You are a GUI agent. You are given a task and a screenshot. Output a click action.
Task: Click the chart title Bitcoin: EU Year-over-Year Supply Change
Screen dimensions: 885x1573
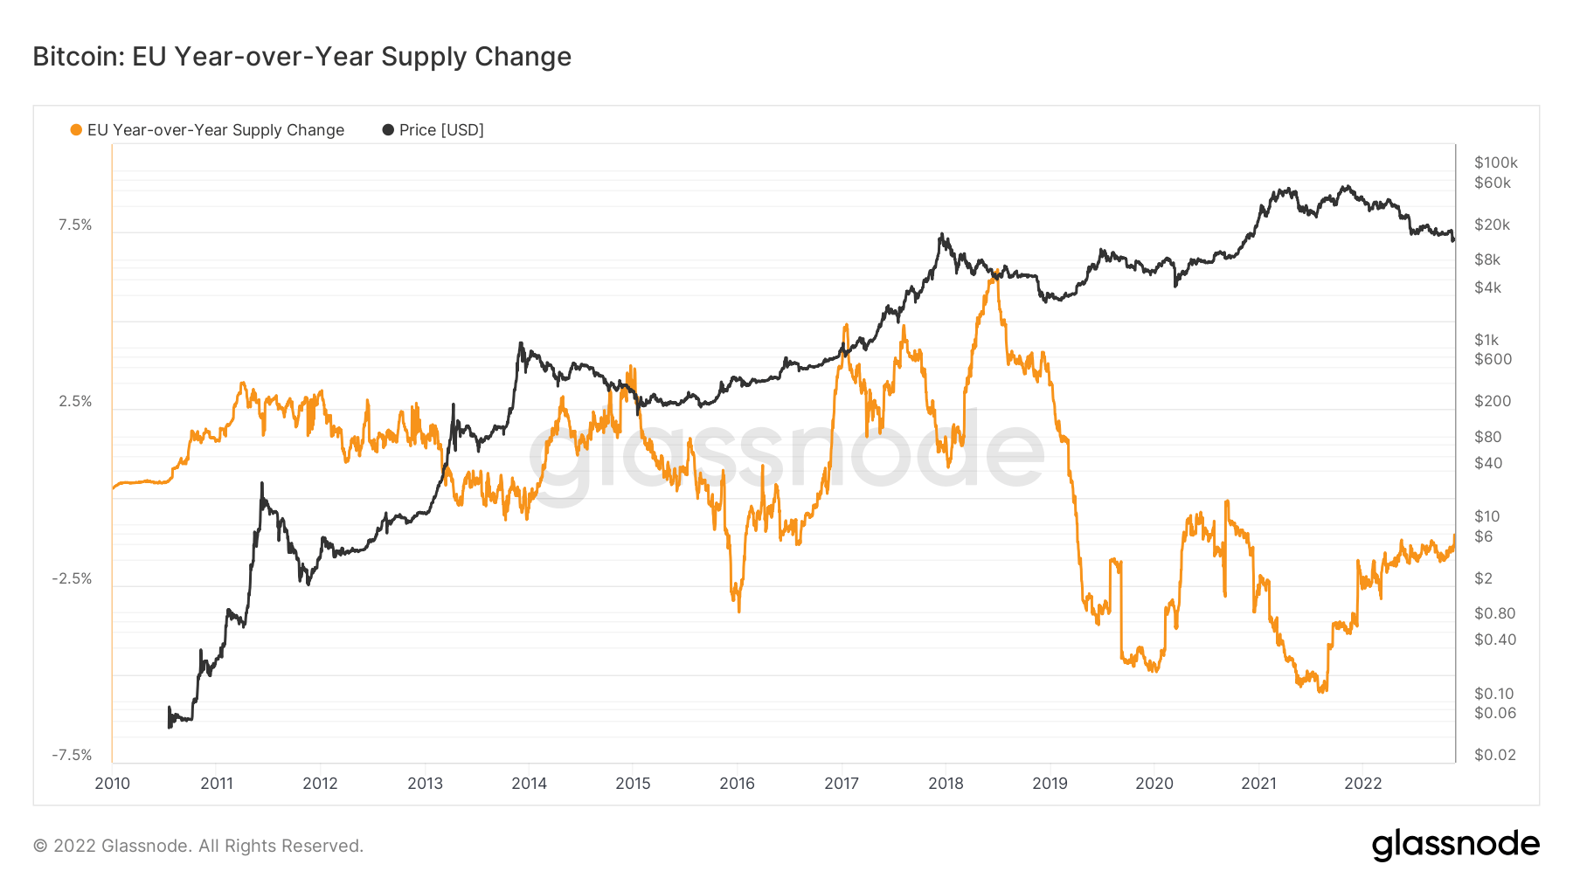pyautogui.click(x=301, y=57)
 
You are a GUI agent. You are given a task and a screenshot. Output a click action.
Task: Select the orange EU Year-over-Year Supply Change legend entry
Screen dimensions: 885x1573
pyautogui.click(x=207, y=130)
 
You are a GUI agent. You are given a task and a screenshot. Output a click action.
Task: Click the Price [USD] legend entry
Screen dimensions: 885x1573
pyautogui.click(x=433, y=130)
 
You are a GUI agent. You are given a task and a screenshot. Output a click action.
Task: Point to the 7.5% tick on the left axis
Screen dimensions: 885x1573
pyautogui.click(x=75, y=225)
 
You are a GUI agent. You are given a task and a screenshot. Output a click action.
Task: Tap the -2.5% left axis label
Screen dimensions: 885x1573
pyautogui.click(x=72, y=579)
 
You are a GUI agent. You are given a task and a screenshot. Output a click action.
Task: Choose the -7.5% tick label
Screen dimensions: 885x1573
pyautogui.click(x=72, y=756)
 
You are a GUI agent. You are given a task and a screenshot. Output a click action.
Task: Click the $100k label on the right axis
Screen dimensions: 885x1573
pyautogui.click(x=1495, y=162)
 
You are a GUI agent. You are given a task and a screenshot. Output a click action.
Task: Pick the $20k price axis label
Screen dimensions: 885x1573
pyautogui.click(x=1492, y=225)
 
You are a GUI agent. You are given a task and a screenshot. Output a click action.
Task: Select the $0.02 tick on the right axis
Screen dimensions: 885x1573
pyautogui.click(x=1494, y=755)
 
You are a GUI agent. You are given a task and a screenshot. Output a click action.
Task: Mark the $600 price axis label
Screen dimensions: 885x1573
pyautogui.click(x=1493, y=359)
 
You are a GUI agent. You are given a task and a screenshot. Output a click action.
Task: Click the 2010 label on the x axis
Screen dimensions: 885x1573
pyautogui.click(x=112, y=784)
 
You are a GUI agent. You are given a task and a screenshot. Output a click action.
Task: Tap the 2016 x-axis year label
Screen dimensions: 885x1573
pyautogui.click(x=737, y=784)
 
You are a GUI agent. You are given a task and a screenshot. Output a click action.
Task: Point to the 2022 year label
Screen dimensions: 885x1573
pyautogui.click(x=1362, y=784)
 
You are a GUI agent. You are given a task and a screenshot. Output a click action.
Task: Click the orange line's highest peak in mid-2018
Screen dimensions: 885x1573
pyautogui.click(x=994, y=273)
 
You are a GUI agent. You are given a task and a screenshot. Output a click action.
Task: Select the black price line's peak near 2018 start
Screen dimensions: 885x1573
pyautogui.click(x=941, y=234)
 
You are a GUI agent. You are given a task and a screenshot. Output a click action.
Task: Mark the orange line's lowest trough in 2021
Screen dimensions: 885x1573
pyautogui.click(x=1321, y=690)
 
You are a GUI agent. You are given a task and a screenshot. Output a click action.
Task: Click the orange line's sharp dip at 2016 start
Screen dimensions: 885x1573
pyautogui.click(x=738, y=610)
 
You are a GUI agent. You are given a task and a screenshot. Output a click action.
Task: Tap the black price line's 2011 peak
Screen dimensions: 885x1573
pyautogui.click(x=262, y=483)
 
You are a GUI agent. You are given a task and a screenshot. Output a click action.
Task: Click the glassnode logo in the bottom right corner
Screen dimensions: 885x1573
pyautogui.click(x=1455, y=845)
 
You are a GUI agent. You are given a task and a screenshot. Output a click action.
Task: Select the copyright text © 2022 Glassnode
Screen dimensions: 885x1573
pyautogui.click(x=197, y=846)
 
